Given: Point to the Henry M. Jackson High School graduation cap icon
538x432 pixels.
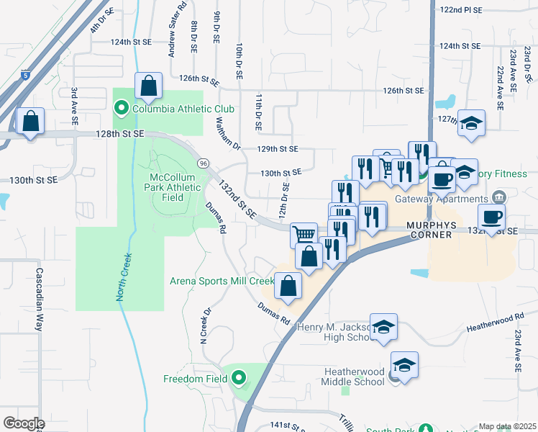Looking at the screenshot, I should point(384,328).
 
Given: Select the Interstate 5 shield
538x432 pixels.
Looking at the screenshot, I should point(27,75).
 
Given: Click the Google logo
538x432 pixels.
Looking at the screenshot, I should point(24,423).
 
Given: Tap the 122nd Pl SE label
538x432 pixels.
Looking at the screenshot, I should point(461,11).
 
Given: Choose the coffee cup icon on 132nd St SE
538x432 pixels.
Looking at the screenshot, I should point(492,217).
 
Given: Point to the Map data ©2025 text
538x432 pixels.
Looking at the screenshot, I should point(507,426).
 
